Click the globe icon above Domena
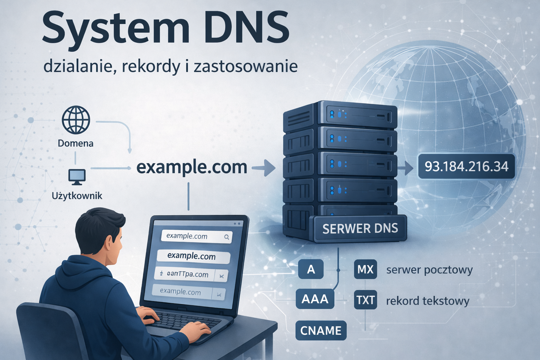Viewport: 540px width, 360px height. coord(76,120)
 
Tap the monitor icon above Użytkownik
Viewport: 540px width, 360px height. coord(77,177)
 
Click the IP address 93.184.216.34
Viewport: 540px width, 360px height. coord(466,166)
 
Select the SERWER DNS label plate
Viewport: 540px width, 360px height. coord(360,229)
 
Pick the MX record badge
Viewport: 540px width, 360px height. coord(365,270)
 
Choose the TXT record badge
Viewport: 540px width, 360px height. coord(365,300)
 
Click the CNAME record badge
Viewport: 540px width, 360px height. coord(321,330)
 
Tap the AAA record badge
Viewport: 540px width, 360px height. coord(315,299)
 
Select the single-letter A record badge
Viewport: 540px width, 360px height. coord(311,270)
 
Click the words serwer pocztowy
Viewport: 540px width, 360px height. coord(429,270)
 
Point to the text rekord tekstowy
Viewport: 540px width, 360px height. coord(427,301)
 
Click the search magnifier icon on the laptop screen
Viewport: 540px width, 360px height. coord(227,237)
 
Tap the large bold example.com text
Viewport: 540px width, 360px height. coord(192,167)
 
